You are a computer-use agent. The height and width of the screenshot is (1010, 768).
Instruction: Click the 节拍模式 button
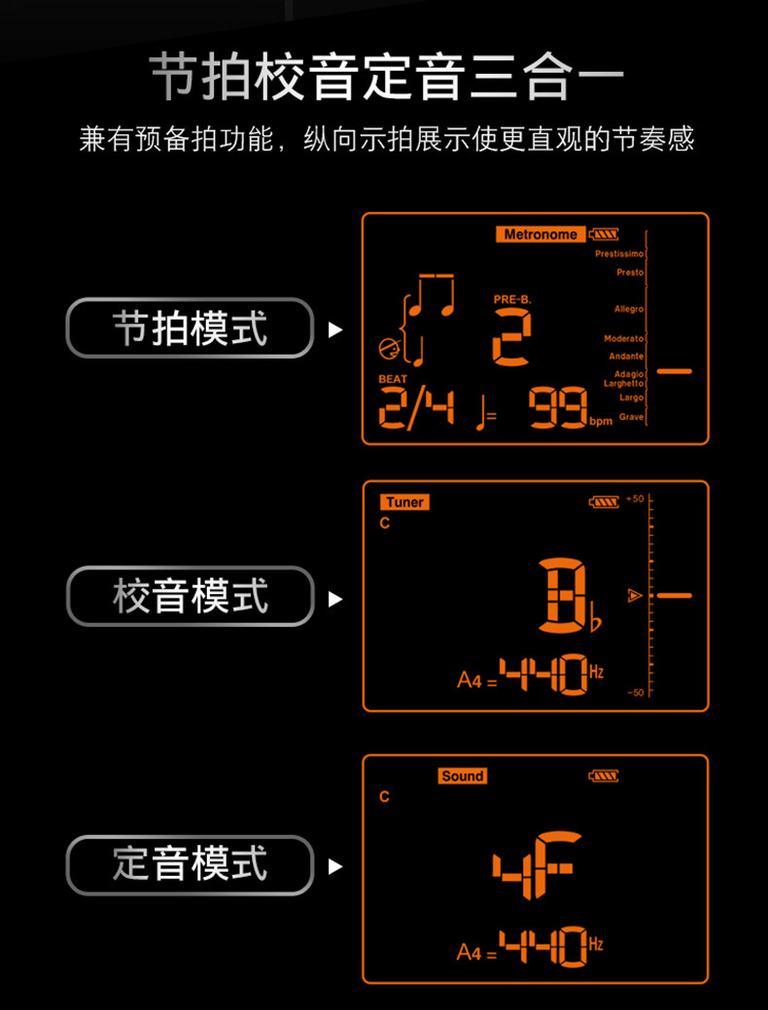point(190,329)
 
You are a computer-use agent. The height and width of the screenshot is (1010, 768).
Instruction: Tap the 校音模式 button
point(190,596)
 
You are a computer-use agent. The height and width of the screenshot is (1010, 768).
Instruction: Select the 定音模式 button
point(190,863)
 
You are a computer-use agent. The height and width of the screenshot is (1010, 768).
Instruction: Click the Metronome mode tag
point(541,234)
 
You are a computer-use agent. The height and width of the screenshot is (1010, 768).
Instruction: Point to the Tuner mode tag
point(404,503)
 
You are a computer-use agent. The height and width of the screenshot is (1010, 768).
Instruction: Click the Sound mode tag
point(462,776)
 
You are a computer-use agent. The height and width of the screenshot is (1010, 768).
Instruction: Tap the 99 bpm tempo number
point(558,409)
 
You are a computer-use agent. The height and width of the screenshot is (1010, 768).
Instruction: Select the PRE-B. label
point(512,299)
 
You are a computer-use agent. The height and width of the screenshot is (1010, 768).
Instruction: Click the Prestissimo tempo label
point(619,254)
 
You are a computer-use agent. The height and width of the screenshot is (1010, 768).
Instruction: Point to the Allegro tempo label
point(628,309)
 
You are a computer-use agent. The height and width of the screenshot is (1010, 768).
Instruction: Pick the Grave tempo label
point(631,417)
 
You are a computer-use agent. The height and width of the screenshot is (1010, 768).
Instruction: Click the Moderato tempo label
point(623,338)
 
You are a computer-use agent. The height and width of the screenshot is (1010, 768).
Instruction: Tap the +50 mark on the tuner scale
point(635,499)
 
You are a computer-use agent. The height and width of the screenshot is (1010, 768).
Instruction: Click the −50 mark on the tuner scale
point(635,692)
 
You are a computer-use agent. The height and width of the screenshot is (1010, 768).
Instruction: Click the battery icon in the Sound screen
point(603,776)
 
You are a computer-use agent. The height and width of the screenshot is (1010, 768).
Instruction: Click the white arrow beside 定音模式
point(335,865)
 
